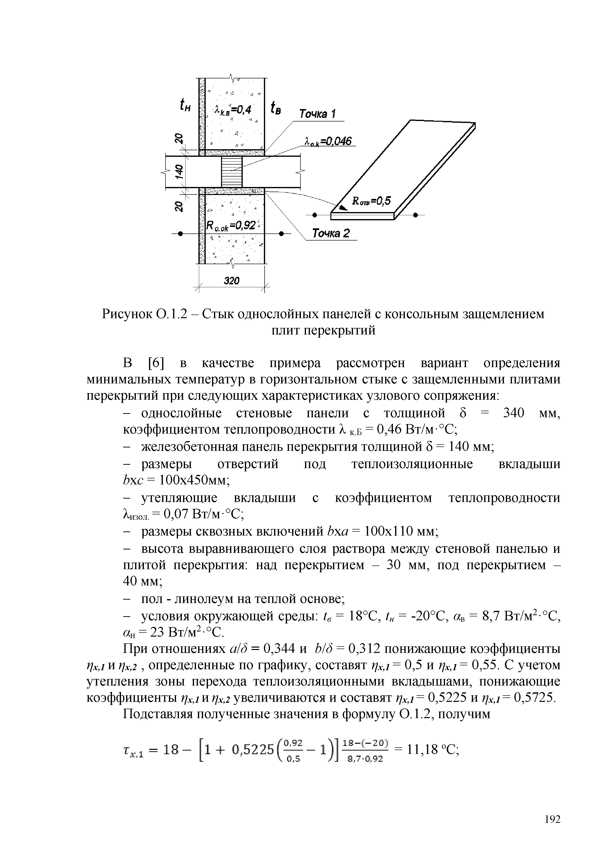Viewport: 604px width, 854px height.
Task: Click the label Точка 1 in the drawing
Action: (x=318, y=114)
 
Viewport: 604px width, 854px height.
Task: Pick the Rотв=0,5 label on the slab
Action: (x=372, y=201)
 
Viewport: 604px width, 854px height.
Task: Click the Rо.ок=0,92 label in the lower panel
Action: (x=231, y=225)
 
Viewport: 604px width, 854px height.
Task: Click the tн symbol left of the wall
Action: (x=185, y=105)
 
